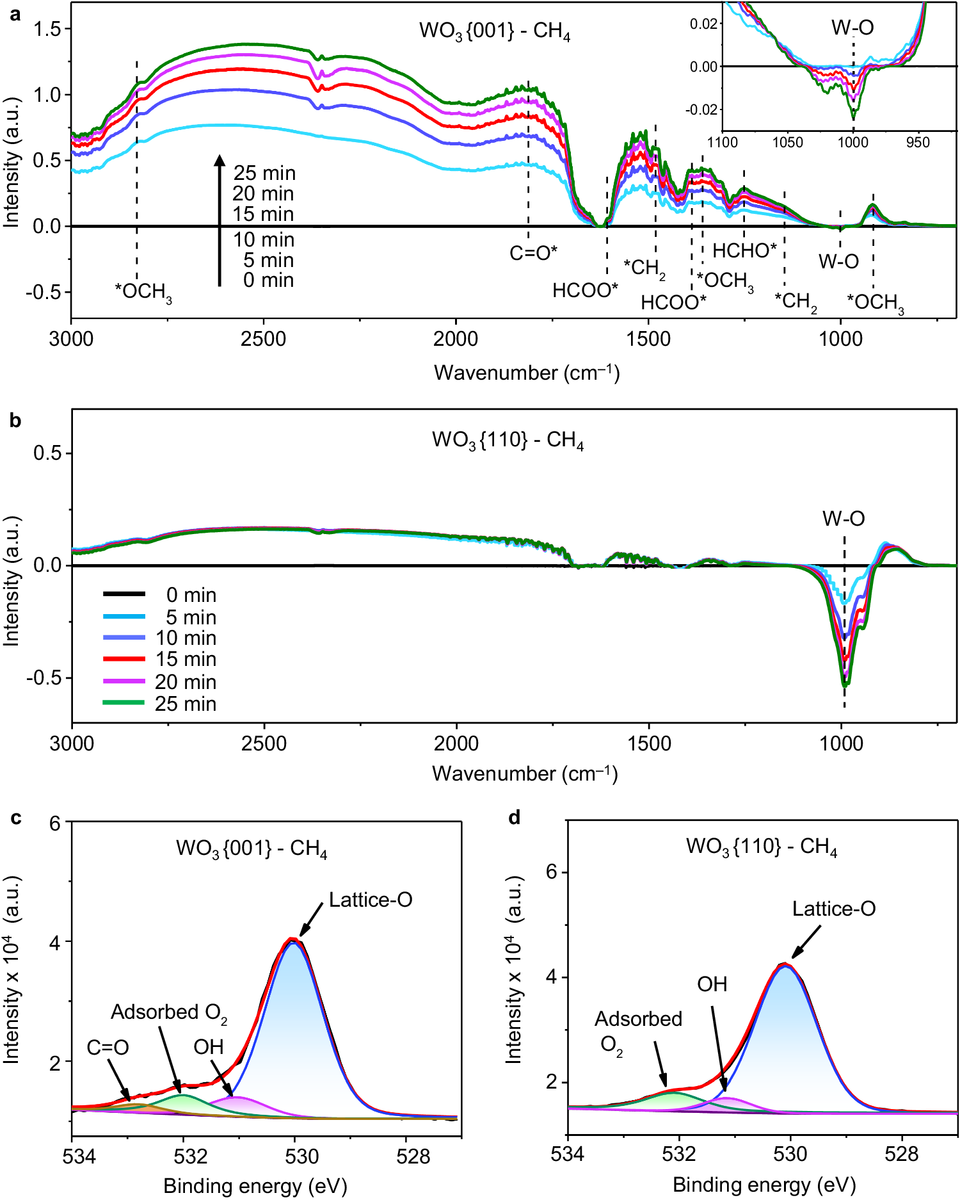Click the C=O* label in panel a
pos(533,254)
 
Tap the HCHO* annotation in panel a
pos(744,251)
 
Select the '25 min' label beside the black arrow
pos(264,174)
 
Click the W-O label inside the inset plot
pos(852,28)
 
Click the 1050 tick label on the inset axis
pos(787,142)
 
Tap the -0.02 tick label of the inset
pos(701,109)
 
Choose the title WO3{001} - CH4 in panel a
pos(495,31)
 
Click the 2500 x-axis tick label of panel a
pos(263,339)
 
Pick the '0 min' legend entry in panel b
pos(191,595)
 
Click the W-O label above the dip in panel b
pos(844,519)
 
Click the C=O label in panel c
pos(108,1048)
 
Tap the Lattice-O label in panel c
pos(371,900)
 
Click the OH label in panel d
pos(712,984)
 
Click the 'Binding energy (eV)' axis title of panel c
pos(255,1185)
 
